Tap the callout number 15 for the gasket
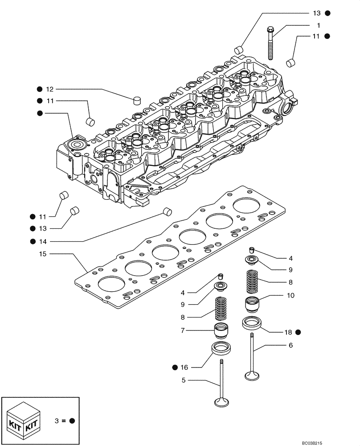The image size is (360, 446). (x=43, y=254)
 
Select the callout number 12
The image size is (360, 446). (x=49, y=89)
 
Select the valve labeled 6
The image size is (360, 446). (x=252, y=357)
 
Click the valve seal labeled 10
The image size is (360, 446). (x=252, y=305)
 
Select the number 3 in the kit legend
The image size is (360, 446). (x=57, y=421)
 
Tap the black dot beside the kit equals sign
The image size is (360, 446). (x=72, y=421)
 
